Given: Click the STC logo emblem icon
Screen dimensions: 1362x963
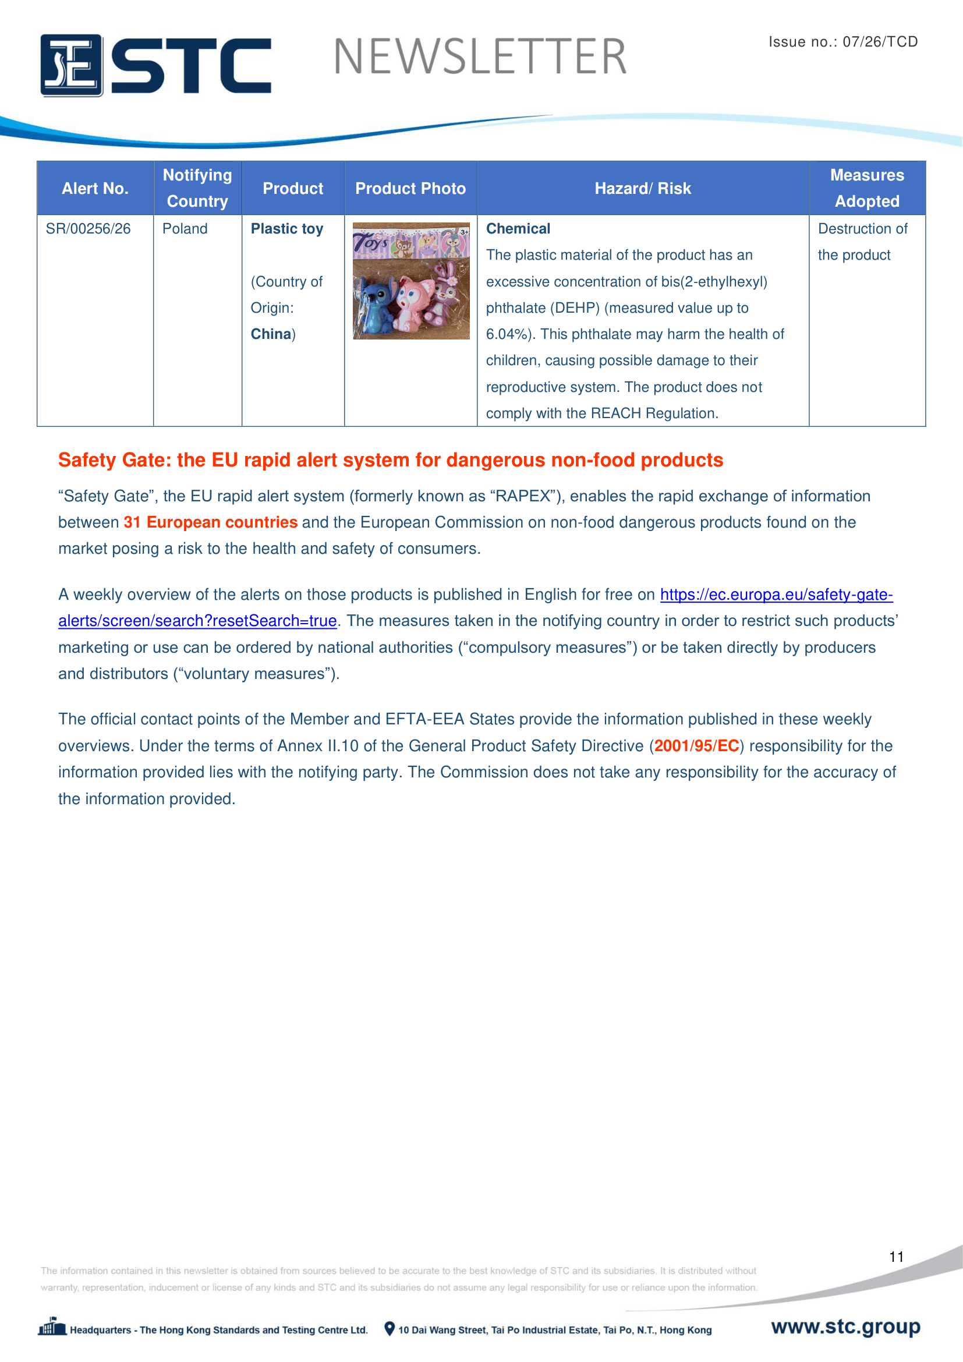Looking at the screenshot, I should point(71,65).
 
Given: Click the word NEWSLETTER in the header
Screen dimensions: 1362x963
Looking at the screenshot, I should point(480,57).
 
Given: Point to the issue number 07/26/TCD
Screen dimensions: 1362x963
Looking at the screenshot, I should point(880,41).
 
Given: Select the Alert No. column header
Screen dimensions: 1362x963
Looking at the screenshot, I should point(95,189).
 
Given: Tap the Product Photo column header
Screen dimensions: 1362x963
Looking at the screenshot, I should point(410,189).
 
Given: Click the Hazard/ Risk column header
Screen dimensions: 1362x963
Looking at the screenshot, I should point(643,189).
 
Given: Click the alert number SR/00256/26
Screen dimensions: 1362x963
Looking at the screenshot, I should point(88,229).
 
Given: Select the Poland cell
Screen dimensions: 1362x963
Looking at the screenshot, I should point(185,229).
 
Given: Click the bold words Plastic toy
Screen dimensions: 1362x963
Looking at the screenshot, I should point(287,229).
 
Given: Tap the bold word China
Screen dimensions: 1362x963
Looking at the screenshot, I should point(271,334).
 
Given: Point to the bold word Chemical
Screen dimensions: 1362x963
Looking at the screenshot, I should point(518,229).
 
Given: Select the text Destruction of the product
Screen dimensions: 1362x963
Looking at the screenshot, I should point(862,242).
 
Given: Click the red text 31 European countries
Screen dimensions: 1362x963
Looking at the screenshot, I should point(211,522).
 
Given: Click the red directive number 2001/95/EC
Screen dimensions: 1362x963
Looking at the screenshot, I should point(697,746).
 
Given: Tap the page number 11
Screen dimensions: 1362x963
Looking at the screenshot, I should point(896,1257).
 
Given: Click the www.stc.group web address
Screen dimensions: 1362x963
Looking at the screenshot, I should point(845,1326).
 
